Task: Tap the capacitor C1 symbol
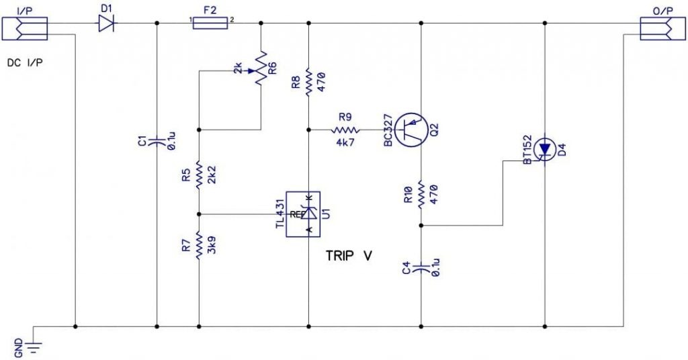(156, 141)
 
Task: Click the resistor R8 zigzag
(308, 81)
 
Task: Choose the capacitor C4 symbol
(421, 269)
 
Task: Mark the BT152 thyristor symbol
(544, 148)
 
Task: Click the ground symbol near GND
(33, 345)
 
